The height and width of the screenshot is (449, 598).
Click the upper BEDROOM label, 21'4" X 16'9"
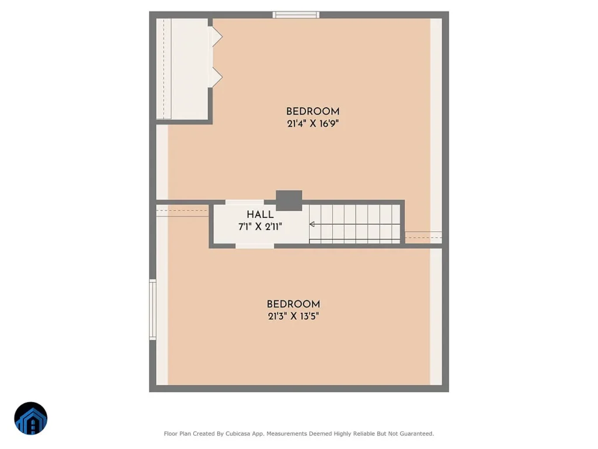tap(313, 112)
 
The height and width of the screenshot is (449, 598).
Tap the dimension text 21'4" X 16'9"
tap(313, 124)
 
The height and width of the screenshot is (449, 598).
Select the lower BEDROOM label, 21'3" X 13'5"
tap(293, 304)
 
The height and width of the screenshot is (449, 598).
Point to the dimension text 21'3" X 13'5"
tap(293, 316)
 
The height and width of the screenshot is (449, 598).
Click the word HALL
tap(260, 215)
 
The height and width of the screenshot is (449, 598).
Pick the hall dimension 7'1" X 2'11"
tap(260, 227)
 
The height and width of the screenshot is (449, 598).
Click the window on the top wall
tap(296, 15)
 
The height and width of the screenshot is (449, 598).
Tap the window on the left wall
tap(152, 309)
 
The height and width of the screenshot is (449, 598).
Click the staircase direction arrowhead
tap(312, 224)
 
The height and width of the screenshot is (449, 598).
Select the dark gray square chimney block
tap(289, 201)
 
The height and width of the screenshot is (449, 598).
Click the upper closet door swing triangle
tap(217, 37)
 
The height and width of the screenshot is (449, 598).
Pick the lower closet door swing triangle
tap(217, 78)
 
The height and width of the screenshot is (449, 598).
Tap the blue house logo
tap(31, 419)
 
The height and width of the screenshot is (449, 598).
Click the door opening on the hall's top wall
tap(245, 202)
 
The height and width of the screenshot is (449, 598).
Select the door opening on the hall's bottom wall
tap(255, 246)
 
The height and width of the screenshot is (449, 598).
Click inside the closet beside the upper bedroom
tap(182, 69)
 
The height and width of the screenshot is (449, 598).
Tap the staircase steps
tap(354, 224)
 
